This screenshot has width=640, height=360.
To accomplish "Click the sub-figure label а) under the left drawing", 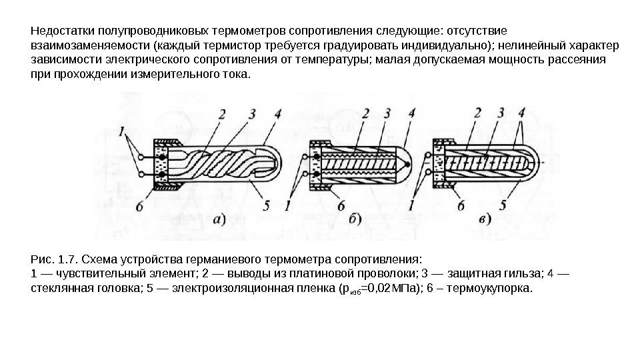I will tap(218, 219).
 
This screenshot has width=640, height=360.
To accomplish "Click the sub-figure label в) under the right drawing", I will tap(485, 218).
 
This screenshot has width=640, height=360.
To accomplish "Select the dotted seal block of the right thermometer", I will tap(439, 161).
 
